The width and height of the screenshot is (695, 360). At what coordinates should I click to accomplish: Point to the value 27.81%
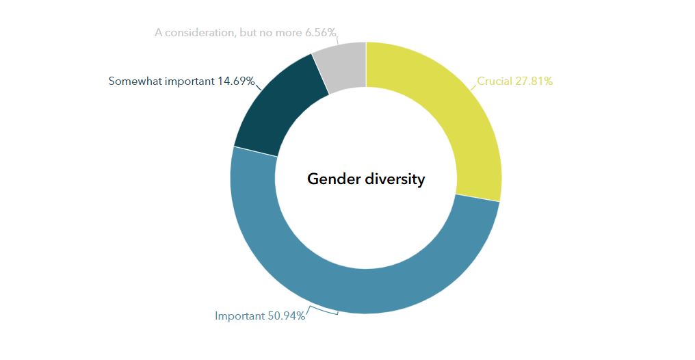coord(534,81)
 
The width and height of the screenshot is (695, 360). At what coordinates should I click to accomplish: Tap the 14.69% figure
coord(236,81)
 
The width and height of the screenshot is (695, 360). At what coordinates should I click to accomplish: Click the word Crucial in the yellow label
coord(495,81)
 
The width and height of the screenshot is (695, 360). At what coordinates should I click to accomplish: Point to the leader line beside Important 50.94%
coord(322,312)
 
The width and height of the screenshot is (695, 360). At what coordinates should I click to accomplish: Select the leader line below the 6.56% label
coord(338,40)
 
